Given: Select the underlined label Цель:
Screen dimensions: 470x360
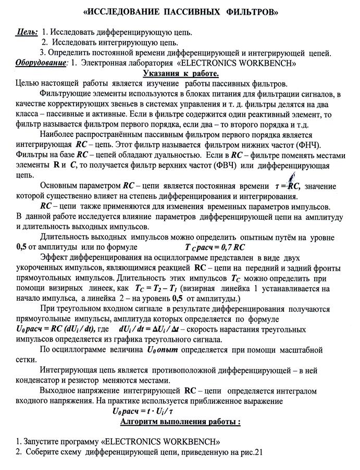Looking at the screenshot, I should click(x=27, y=32).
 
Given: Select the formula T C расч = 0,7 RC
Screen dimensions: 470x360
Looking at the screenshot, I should click(x=215, y=247).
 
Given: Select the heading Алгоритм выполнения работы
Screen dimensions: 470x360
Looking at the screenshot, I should click(x=180, y=422).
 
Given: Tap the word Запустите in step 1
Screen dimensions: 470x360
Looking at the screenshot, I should click(x=30, y=441).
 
